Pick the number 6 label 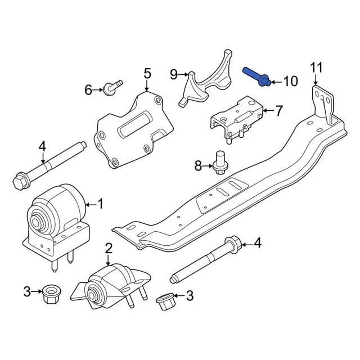[x=88, y=89]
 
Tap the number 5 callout [x=147, y=73]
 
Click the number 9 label [x=174, y=74]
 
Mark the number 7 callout [x=279, y=110]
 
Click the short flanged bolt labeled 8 [x=220, y=161]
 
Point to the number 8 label [x=198, y=165]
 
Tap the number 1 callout [x=101, y=203]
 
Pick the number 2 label [x=109, y=248]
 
